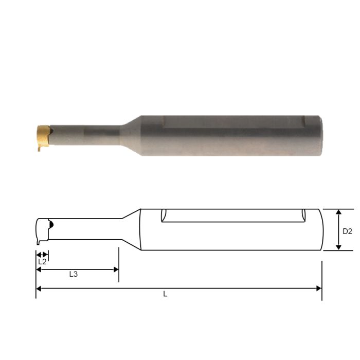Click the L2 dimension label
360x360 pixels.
click(42, 261)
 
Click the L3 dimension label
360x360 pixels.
click(74, 275)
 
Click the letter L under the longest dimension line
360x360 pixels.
click(165, 295)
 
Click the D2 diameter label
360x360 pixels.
click(347, 231)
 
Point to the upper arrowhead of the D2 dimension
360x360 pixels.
click(338, 212)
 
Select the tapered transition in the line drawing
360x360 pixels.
click(131, 229)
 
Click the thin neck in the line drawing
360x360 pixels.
click(87, 229)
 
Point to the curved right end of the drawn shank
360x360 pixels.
click(320, 230)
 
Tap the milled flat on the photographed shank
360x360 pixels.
click(231, 121)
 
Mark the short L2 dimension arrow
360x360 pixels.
click(42, 254)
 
